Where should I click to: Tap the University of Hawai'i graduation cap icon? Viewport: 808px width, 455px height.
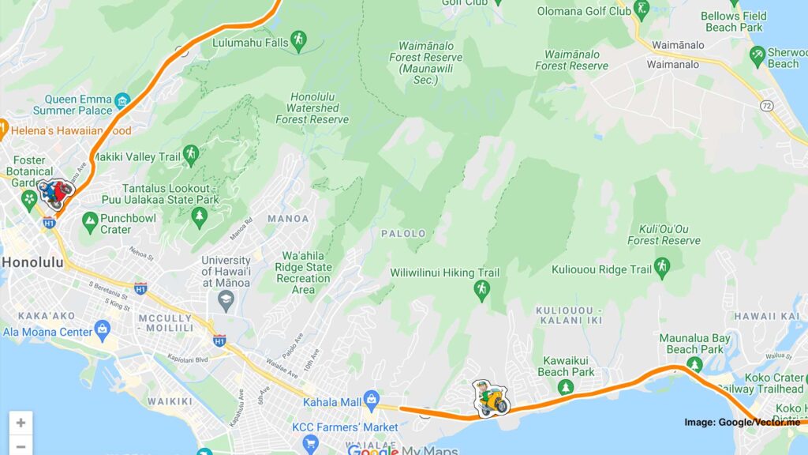[x=226, y=300]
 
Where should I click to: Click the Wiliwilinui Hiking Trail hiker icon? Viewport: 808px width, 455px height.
[x=481, y=291]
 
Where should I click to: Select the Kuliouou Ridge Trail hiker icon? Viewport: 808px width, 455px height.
[x=662, y=269]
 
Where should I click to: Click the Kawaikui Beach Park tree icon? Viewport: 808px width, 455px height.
[x=565, y=388]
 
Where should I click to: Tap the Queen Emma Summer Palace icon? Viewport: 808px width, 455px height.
[x=122, y=101]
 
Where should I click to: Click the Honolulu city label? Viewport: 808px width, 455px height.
[x=37, y=262]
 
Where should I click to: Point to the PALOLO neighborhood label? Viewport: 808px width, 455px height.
[x=403, y=234]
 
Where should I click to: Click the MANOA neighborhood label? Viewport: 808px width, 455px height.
[x=288, y=218]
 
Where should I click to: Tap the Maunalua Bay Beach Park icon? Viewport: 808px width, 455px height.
[x=694, y=365]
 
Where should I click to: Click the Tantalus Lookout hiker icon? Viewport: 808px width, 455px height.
[x=190, y=155]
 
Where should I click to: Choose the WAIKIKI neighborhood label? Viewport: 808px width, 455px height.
[x=170, y=401]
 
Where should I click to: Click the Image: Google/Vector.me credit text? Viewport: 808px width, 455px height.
[x=742, y=423]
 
